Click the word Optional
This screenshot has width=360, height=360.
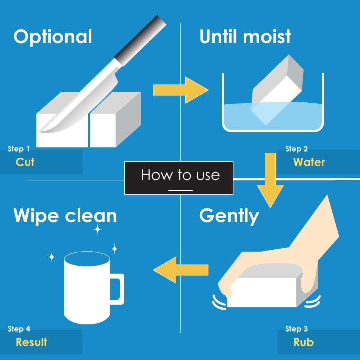pyautogui.click(x=53, y=37)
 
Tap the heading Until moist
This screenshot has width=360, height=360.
pyautogui.click(x=245, y=36)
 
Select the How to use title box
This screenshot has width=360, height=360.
pyautogui.click(x=179, y=178)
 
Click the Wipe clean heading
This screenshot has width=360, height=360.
pyautogui.click(x=65, y=216)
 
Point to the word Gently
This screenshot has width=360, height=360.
pyautogui.click(x=229, y=216)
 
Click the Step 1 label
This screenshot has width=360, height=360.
pyautogui.click(x=19, y=149)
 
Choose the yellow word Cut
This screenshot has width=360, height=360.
pyautogui.click(x=25, y=162)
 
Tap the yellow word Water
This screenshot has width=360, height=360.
pyautogui.click(x=309, y=162)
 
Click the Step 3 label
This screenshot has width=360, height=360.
pyautogui.click(x=296, y=329)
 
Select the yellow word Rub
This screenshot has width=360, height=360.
pyautogui.click(x=304, y=342)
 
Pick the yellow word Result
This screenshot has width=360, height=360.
pyautogui.click(x=31, y=342)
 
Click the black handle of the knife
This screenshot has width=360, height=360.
pyautogui.click(x=140, y=41)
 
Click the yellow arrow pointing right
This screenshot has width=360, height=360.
pyautogui.click(x=181, y=90)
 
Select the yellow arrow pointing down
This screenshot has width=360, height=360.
pyautogui.click(x=270, y=180)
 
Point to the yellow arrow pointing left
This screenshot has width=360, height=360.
pyautogui.click(x=180, y=270)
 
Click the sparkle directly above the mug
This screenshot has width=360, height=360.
pyautogui.click(x=97, y=229)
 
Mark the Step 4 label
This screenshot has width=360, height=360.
pyautogui.click(x=19, y=329)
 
